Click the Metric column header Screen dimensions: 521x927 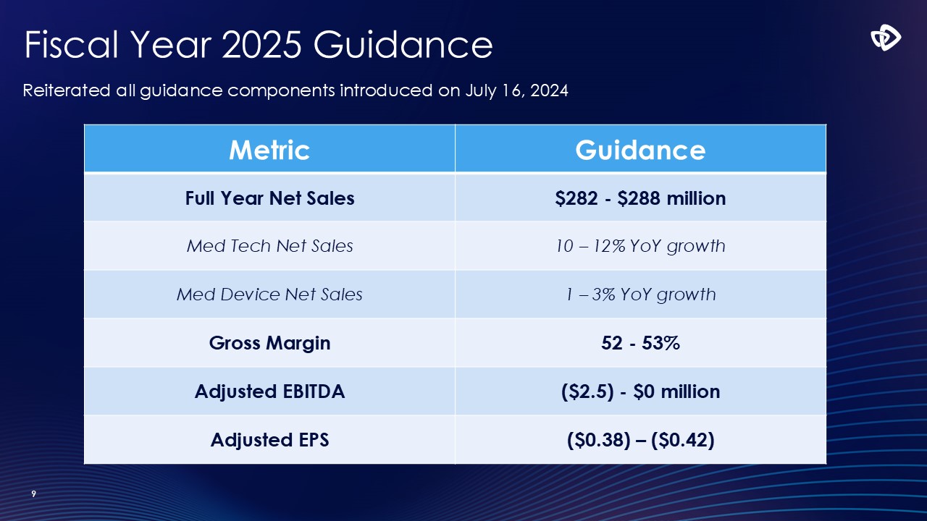pos(269,150)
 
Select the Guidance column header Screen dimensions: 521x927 pos(640,150)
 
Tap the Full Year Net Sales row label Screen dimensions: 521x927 pos(269,198)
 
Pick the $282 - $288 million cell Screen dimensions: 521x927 pos(640,198)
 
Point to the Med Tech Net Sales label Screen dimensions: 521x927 pos(269,246)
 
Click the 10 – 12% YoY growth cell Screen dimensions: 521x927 pos(640,246)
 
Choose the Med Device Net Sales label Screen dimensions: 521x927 pos(269,295)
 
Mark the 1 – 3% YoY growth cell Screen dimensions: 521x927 pos(640,295)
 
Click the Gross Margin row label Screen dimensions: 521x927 pos(269,343)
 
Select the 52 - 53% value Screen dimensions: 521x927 pos(640,343)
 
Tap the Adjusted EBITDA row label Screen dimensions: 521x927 pos(269,391)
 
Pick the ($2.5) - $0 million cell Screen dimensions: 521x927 pos(640,391)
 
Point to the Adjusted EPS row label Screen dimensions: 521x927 pos(269,439)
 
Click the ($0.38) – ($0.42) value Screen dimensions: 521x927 pos(640,439)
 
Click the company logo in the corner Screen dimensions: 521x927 pos(886,38)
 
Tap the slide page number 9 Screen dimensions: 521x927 pos(33,494)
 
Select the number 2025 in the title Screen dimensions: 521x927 pos(261,45)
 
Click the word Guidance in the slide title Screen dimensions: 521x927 pos(403,45)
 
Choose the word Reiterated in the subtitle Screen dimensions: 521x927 pos(67,91)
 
